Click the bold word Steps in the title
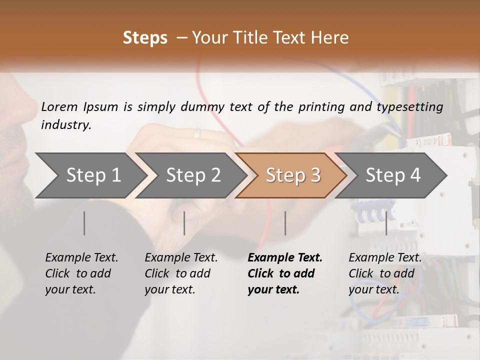(x=145, y=38)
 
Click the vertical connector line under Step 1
(x=84, y=223)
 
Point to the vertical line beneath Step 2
(x=184, y=223)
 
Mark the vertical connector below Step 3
(x=285, y=223)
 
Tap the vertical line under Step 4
(x=386, y=223)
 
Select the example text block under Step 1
(x=81, y=273)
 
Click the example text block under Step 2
(x=181, y=273)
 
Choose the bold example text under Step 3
(x=285, y=273)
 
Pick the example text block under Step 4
(x=385, y=273)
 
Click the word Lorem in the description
(x=59, y=106)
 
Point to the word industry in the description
(x=66, y=125)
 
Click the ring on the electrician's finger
(x=197, y=133)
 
